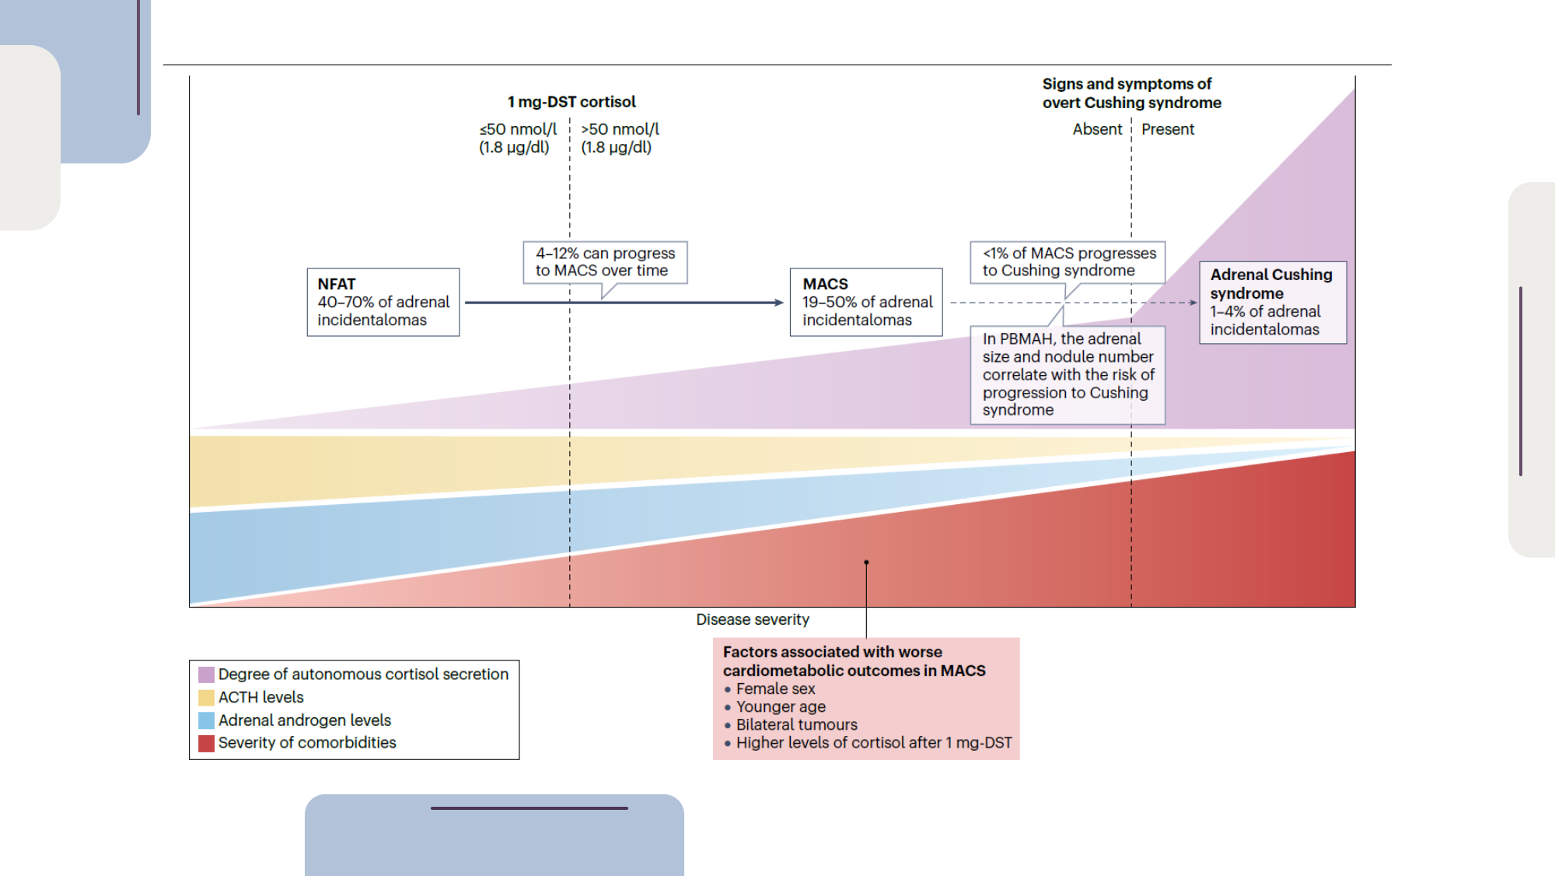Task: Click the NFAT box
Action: (383, 302)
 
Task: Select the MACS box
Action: (866, 302)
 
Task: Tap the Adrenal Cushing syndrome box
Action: (1272, 302)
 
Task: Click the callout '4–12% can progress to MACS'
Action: (605, 262)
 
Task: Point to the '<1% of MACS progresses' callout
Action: (1068, 262)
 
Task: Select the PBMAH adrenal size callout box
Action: (1068, 374)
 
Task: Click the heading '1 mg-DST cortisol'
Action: (571, 102)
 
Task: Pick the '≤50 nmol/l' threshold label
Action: (518, 138)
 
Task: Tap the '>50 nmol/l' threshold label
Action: (620, 138)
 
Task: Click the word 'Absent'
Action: (1097, 129)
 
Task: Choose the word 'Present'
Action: (1167, 129)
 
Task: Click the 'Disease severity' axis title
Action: (752, 619)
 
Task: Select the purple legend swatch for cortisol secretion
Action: (206, 675)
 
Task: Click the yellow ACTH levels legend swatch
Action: (206, 698)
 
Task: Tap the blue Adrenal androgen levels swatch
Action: (206, 720)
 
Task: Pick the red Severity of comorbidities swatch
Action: (206, 743)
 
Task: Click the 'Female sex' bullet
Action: (775, 689)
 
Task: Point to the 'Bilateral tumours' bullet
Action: (796, 724)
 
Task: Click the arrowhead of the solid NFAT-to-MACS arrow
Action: (780, 303)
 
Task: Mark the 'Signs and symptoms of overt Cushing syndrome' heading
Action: (1130, 93)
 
